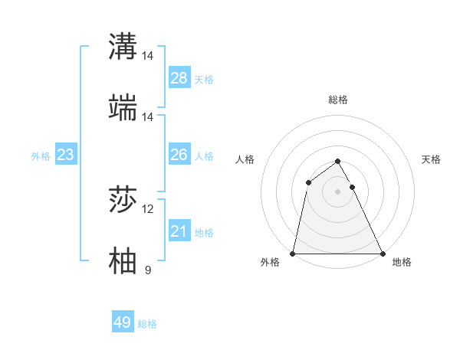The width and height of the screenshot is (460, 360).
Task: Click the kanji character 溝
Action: tap(123, 46)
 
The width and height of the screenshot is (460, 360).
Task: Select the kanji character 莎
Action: tap(123, 201)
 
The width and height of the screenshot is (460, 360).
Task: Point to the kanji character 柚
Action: tap(123, 261)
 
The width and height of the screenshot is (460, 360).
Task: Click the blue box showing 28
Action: tap(179, 78)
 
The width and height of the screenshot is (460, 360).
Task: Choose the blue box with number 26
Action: tap(179, 155)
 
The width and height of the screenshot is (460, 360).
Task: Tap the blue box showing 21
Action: tap(179, 231)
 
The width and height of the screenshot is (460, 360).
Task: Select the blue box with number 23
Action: tap(66, 155)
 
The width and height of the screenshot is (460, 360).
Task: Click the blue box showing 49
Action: tap(123, 322)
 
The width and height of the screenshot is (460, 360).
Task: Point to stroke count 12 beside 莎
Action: tap(148, 209)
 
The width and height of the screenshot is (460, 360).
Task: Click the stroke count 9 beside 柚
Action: tap(148, 270)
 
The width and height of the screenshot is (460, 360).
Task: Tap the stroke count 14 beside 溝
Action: tap(148, 56)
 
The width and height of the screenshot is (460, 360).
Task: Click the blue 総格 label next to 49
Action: tap(147, 324)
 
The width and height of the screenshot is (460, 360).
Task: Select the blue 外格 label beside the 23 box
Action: tap(41, 156)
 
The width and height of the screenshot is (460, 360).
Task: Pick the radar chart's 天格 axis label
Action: tap(432, 159)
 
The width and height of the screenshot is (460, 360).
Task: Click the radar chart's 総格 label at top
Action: tap(338, 100)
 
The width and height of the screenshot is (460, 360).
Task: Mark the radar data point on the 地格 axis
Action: tap(382, 253)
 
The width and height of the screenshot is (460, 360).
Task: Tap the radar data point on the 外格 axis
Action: tap(294, 253)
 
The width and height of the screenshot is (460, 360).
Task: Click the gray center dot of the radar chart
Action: tap(338, 191)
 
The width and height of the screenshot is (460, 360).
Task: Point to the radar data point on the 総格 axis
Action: tap(338, 162)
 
